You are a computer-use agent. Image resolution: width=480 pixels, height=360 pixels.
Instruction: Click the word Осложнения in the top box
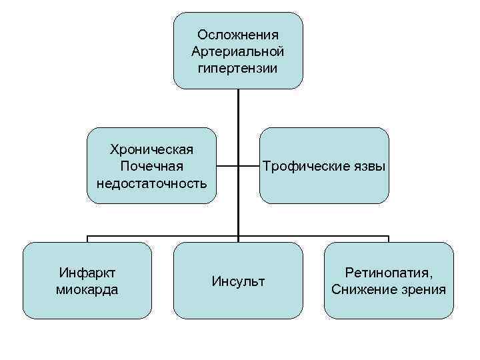coord(238,35)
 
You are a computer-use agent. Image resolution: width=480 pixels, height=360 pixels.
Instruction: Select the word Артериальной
coord(238,51)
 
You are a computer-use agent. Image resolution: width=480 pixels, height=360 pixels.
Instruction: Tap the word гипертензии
coord(238,68)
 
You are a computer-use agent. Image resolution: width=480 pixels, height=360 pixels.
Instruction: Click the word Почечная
coord(151,165)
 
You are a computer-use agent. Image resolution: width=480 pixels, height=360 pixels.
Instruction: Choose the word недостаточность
coord(151,182)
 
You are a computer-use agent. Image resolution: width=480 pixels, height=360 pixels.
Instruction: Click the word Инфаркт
coord(87,273)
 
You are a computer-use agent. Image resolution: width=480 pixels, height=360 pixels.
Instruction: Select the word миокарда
coord(87,289)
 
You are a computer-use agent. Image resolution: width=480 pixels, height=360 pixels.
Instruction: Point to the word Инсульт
coord(238,281)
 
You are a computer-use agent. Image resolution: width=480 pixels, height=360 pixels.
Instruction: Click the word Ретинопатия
coord(389,273)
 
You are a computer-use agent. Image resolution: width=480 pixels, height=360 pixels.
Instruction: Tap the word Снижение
coord(363,289)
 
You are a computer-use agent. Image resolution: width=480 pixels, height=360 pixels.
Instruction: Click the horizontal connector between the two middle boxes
coord(238,165)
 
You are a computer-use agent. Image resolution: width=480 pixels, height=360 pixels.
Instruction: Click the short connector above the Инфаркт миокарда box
coord(87,239)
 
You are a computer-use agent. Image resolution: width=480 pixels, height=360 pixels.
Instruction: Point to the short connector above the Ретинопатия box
coord(389,239)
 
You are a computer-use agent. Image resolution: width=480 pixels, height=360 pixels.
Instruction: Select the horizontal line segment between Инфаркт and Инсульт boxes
coord(163,235)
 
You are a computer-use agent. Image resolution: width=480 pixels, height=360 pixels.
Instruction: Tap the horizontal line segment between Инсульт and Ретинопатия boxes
coord(313,235)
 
